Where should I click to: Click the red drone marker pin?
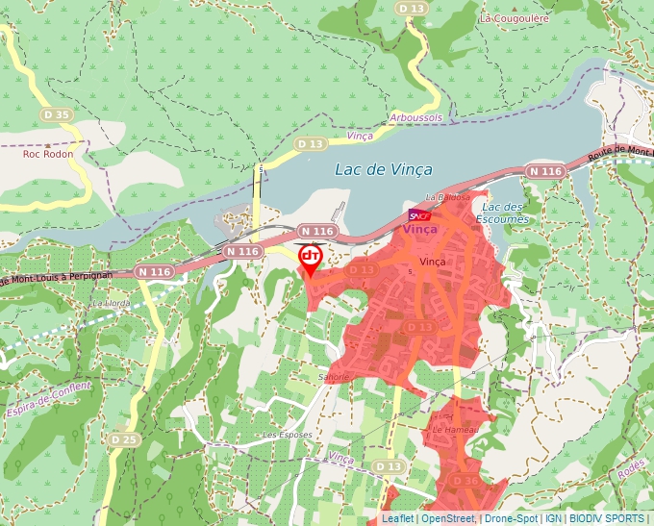pos(311,259)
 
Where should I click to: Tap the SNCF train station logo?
pos(419,214)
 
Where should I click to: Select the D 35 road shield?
pos(57,114)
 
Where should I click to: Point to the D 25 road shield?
pos(123,439)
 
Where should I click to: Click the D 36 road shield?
pos(465,481)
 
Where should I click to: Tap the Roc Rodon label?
pos(47,153)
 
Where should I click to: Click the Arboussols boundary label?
pos(416,117)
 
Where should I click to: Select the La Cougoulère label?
pos(513,18)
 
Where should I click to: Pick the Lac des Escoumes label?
pos(505,213)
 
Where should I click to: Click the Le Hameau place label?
pos(455,430)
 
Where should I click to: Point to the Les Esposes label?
pos(287,435)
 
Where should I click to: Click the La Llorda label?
pos(110,302)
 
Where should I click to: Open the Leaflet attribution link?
pos(397,518)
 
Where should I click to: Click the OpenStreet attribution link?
pos(447,518)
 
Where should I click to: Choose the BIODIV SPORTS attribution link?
pos(607,518)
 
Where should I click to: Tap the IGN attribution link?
pos(553,518)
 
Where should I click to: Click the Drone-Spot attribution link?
pos(511,518)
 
